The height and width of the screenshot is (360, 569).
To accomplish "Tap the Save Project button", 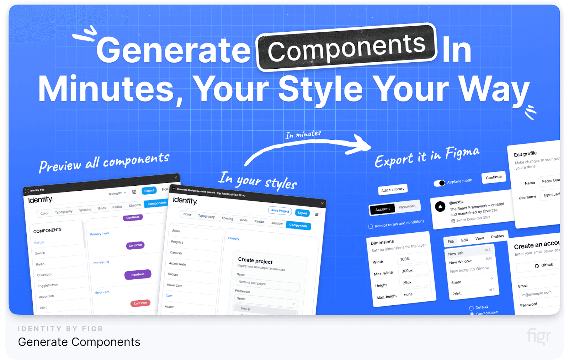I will [280, 211].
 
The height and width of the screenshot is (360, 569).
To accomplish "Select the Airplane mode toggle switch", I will [439, 183].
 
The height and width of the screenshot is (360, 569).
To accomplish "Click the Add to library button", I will [393, 190].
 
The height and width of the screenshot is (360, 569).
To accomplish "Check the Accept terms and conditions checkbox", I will [371, 227].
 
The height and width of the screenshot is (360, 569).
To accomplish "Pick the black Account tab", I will [382, 209].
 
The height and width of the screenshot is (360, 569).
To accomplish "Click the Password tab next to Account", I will [407, 206].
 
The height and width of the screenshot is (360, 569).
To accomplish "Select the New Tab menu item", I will [456, 253].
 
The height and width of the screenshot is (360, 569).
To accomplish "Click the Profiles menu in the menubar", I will [497, 237].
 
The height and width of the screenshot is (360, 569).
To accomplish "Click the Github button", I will [544, 265].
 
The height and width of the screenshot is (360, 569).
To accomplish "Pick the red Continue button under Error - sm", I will [140, 303].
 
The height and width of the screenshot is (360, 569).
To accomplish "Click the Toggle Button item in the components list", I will [48, 285].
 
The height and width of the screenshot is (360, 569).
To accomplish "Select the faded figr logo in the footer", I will [539, 336].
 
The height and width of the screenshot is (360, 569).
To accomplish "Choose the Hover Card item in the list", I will [175, 285].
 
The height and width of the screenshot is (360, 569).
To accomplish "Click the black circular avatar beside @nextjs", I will [440, 206].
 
